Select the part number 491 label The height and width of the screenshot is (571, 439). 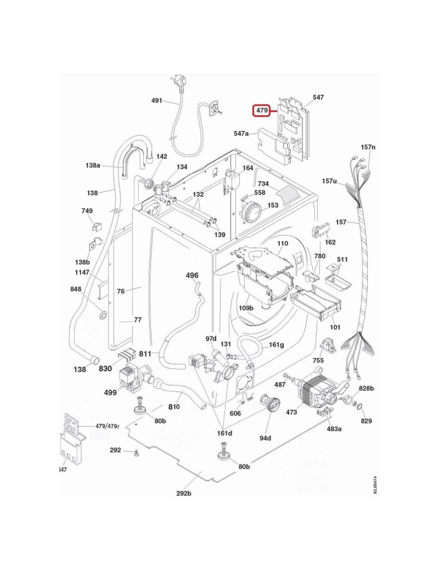pyautogui.click(x=157, y=100)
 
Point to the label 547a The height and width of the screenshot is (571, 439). pyautogui.click(x=241, y=133)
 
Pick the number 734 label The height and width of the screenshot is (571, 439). pyautogui.click(x=263, y=184)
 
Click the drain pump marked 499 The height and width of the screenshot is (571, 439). pyautogui.click(x=128, y=378)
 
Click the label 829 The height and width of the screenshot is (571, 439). pyautogui.click(x=366, y=421)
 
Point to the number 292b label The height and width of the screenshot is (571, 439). pyautogui.click(x=184, y=492)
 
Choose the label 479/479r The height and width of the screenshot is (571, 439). pyautogui.click(x=107, y=426)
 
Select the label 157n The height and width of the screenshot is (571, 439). pyautogui.click(x=368, y=148)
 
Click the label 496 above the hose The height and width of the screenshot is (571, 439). pyautogui.click(x=192, y=275)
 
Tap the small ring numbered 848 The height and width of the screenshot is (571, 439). pyautogui.click(x=102, y=315)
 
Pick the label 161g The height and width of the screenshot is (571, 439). pyautogui.click(x=277, y=345)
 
